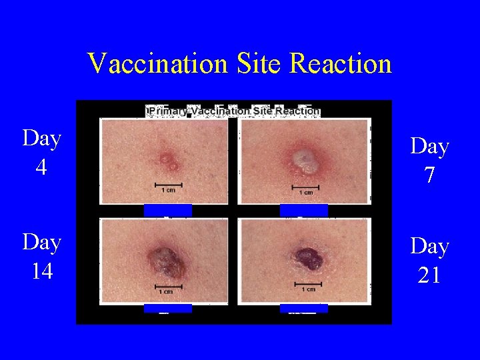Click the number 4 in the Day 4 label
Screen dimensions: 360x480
tap(41, 167)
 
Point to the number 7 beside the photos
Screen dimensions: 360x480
tap(430, 175)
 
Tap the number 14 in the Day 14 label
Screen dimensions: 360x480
tap(41, 271)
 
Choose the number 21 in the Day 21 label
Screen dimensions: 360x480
tap(430, 275)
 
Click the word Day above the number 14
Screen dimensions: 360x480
tap(41, 243)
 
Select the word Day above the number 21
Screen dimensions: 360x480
tap(430, 246)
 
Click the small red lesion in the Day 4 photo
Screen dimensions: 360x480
tap(167, 160)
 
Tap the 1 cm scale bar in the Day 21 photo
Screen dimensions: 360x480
tap(308, 283)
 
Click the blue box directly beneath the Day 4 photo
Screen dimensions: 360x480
tap(168, 211)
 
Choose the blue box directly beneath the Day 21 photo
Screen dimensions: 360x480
tap(304, 308)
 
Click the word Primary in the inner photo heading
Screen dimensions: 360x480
tap(168, 111)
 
